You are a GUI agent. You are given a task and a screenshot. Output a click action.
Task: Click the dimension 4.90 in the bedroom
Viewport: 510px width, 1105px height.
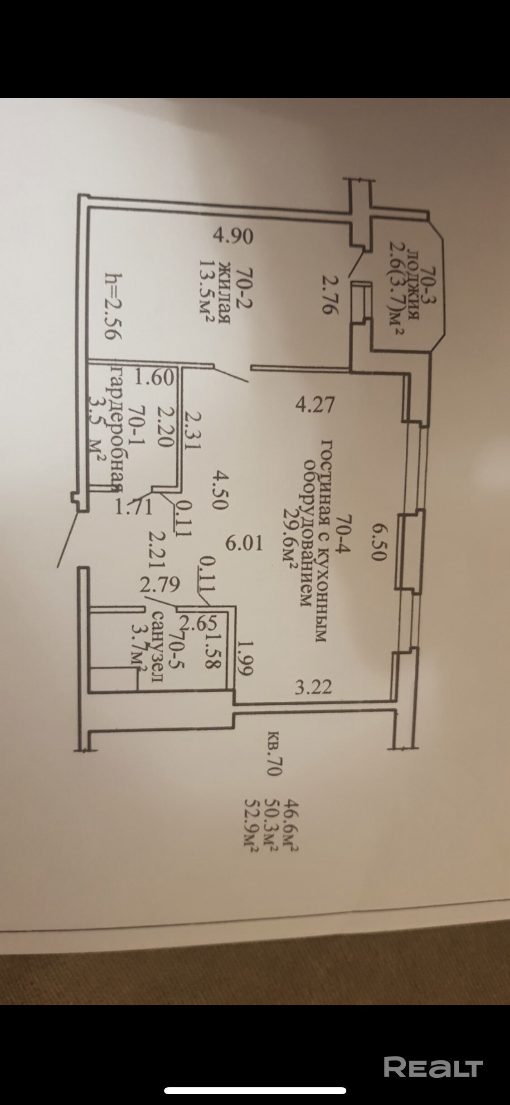(233, 237)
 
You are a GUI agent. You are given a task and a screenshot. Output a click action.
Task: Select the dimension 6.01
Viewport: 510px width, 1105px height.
(244, 543)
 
